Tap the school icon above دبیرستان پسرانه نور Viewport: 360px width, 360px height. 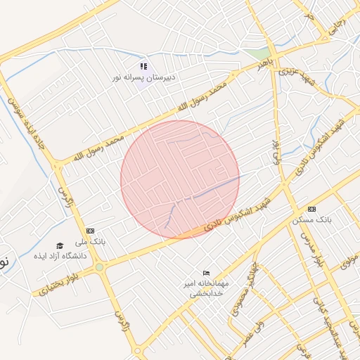click(144, 65)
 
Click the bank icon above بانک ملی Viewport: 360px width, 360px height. click(90, 231)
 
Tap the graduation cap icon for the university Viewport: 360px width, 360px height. click(60, 246)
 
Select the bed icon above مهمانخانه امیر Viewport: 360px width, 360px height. click(205, 273)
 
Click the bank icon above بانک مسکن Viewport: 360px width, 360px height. click(311, 209)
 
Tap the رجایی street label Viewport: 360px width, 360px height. click(337, 28)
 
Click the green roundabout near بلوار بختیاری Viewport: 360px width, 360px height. click(100, 267)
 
